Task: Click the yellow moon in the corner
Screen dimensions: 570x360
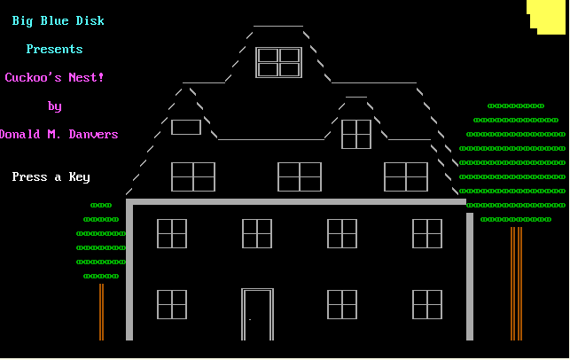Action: [x=546, y=17]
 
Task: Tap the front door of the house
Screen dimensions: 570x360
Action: [x=257, y=315]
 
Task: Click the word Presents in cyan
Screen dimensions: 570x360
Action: [x=55, y=49]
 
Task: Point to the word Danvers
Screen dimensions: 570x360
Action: [x=93, y=134]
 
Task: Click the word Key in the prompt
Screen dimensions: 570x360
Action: [x=79, y=177]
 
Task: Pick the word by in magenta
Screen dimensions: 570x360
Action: [x=55, y=106]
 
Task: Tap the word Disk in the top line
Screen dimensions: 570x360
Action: [x=90, y=20]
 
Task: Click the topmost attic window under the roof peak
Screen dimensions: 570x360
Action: [x=279, y=62]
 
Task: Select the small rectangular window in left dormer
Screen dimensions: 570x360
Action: [x=186, y=128]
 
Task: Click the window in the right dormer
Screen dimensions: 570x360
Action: [x=356, y=134]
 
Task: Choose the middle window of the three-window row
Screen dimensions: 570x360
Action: [x=300, y=176]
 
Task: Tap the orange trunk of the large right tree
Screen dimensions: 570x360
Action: [x=516, y=284]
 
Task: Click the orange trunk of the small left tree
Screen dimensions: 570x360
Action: [x=101, y=312]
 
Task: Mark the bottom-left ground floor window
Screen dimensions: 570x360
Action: [x=172, y=305]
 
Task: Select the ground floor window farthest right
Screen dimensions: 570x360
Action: [x=427, y=305]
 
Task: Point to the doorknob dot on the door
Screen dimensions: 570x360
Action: [x=250, y=319]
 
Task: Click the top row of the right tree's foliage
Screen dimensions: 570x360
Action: [x=516, y=106]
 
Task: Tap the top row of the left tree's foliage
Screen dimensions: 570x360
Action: [x=101, y=206]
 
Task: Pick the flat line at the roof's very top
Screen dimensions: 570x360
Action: [x=278, y=27]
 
